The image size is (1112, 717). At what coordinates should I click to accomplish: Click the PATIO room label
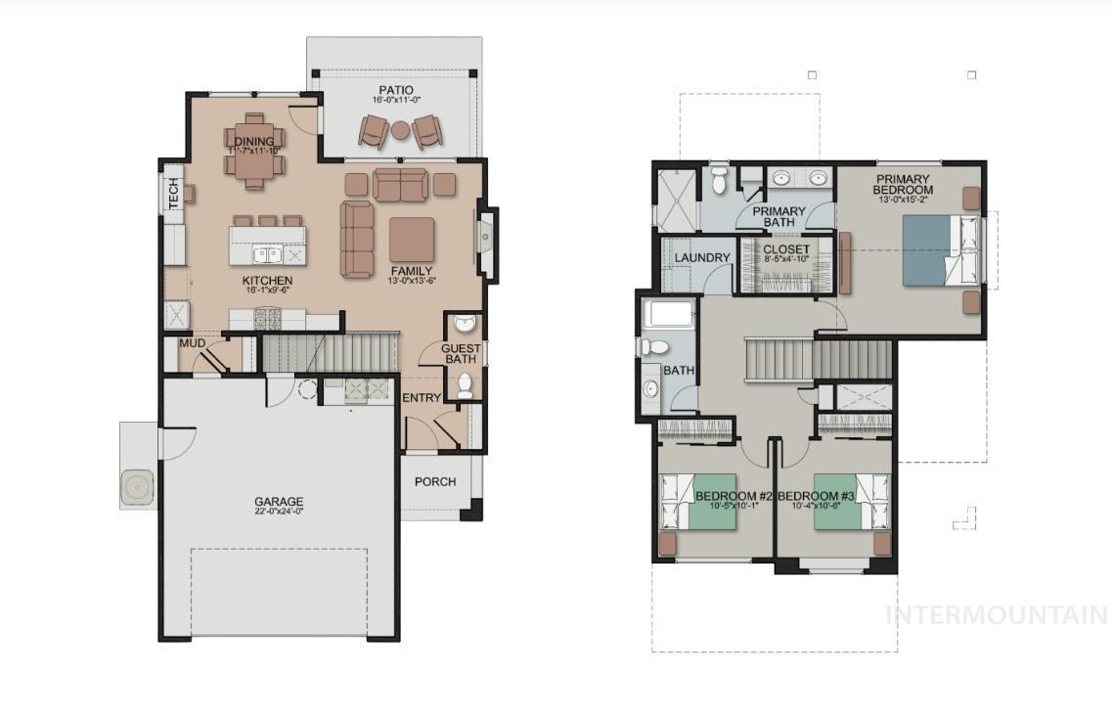pyautogui.click(x=396, y=91)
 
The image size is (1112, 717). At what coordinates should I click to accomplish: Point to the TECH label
pyautogui.click(x=174, y=193)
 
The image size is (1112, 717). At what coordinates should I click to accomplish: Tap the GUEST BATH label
pyautogui.click(x=461, y=354)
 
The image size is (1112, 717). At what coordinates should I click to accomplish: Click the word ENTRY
pyautogui.click(x=422, y=398)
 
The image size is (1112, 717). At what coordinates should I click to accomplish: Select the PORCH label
pyautogui.click(x=435, y=481)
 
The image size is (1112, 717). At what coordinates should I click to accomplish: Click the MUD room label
pyautogui.click(x=192, y=343)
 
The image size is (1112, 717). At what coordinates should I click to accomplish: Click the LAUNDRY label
pyautogui.click(x=702, y=258)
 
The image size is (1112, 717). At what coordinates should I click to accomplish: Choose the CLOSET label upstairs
pyautogui.click(x=786, y=250)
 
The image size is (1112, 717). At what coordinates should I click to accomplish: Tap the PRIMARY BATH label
pyautogui.click(x=778, y=217)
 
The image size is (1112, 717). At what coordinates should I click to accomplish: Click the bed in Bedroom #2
pyautogui.click(x=700, y=500)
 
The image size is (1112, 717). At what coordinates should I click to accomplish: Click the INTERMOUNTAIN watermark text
pyautogui.click(x=996, y=615)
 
